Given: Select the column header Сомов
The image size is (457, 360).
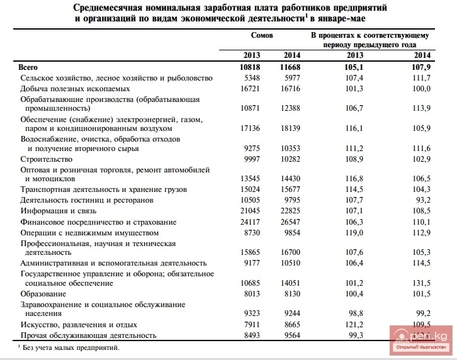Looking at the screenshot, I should [262, 36].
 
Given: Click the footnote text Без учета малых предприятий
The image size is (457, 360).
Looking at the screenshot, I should [70, 347].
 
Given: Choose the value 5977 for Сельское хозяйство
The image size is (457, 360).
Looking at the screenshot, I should [288, 78].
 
